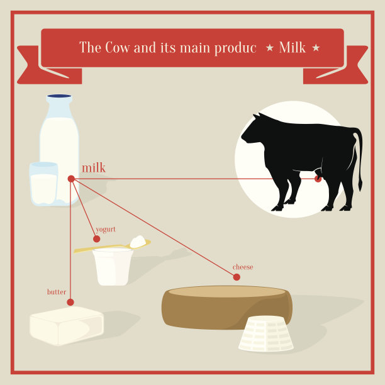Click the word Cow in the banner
point(117,47)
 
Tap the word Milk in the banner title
point(292,47)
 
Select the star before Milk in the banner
point(270,48)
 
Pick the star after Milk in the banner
point(316,48)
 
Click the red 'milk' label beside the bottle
point(94,168)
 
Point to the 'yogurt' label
point(106,230)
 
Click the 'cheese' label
point(243,267)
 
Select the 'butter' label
point(57,292)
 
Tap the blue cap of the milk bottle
point(59,96)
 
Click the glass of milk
point(43,184)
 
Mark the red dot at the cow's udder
point(318,179)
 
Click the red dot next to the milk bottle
point(71,179)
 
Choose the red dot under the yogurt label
point(97,238)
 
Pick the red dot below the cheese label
point(237,277)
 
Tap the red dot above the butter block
point(70,302)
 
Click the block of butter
point(66,326)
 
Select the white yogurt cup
point(113,267)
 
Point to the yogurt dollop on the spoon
point(138,242)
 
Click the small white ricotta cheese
point(266,333)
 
